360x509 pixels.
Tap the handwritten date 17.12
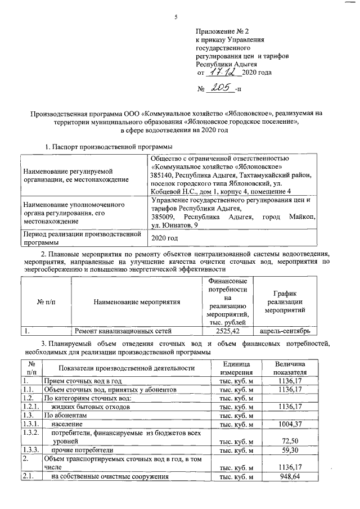tap(223, 72)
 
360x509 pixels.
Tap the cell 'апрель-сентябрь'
tap(285, 331)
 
